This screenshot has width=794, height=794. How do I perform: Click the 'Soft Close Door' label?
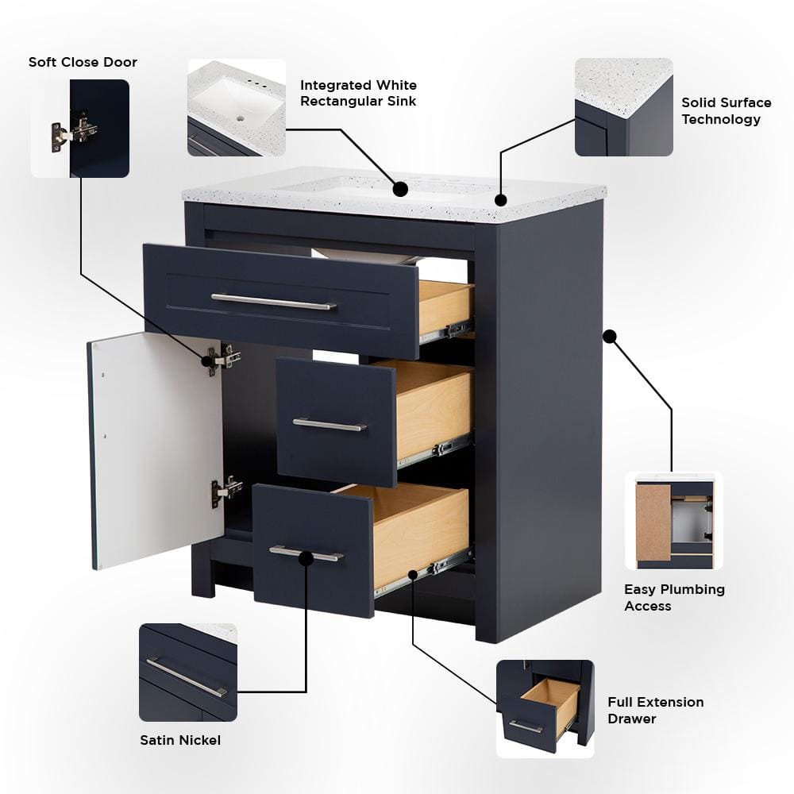click(83, 62)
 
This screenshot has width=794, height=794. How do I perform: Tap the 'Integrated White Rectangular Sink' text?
click(358, 93)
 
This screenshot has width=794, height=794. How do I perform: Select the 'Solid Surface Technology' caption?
click(726, 111)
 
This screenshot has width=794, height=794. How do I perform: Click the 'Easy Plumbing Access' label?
click(674, 597)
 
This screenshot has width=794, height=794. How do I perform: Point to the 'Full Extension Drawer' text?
click(655, 710)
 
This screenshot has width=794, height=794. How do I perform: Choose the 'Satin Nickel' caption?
click(180, 740)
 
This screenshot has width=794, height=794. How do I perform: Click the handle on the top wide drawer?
click(273, 302)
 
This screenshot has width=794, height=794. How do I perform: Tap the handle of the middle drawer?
click(330, 425)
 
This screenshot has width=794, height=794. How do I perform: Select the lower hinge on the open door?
click(225, 490)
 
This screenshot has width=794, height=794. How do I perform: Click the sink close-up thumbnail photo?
click(237, 107)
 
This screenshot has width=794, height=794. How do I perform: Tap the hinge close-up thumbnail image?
click(80, 128)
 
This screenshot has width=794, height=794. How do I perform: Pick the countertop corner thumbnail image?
click(623, 107)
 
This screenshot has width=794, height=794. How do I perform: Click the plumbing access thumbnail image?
click(674, 521)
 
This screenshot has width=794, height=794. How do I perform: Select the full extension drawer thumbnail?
click(545, 708)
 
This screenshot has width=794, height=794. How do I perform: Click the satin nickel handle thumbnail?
click(188, 673)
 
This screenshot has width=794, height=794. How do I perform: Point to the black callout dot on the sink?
click(401, 189)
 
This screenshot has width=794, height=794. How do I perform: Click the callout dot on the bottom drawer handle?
click(306, 558)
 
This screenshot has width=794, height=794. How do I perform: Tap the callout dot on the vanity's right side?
click(610, 336)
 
